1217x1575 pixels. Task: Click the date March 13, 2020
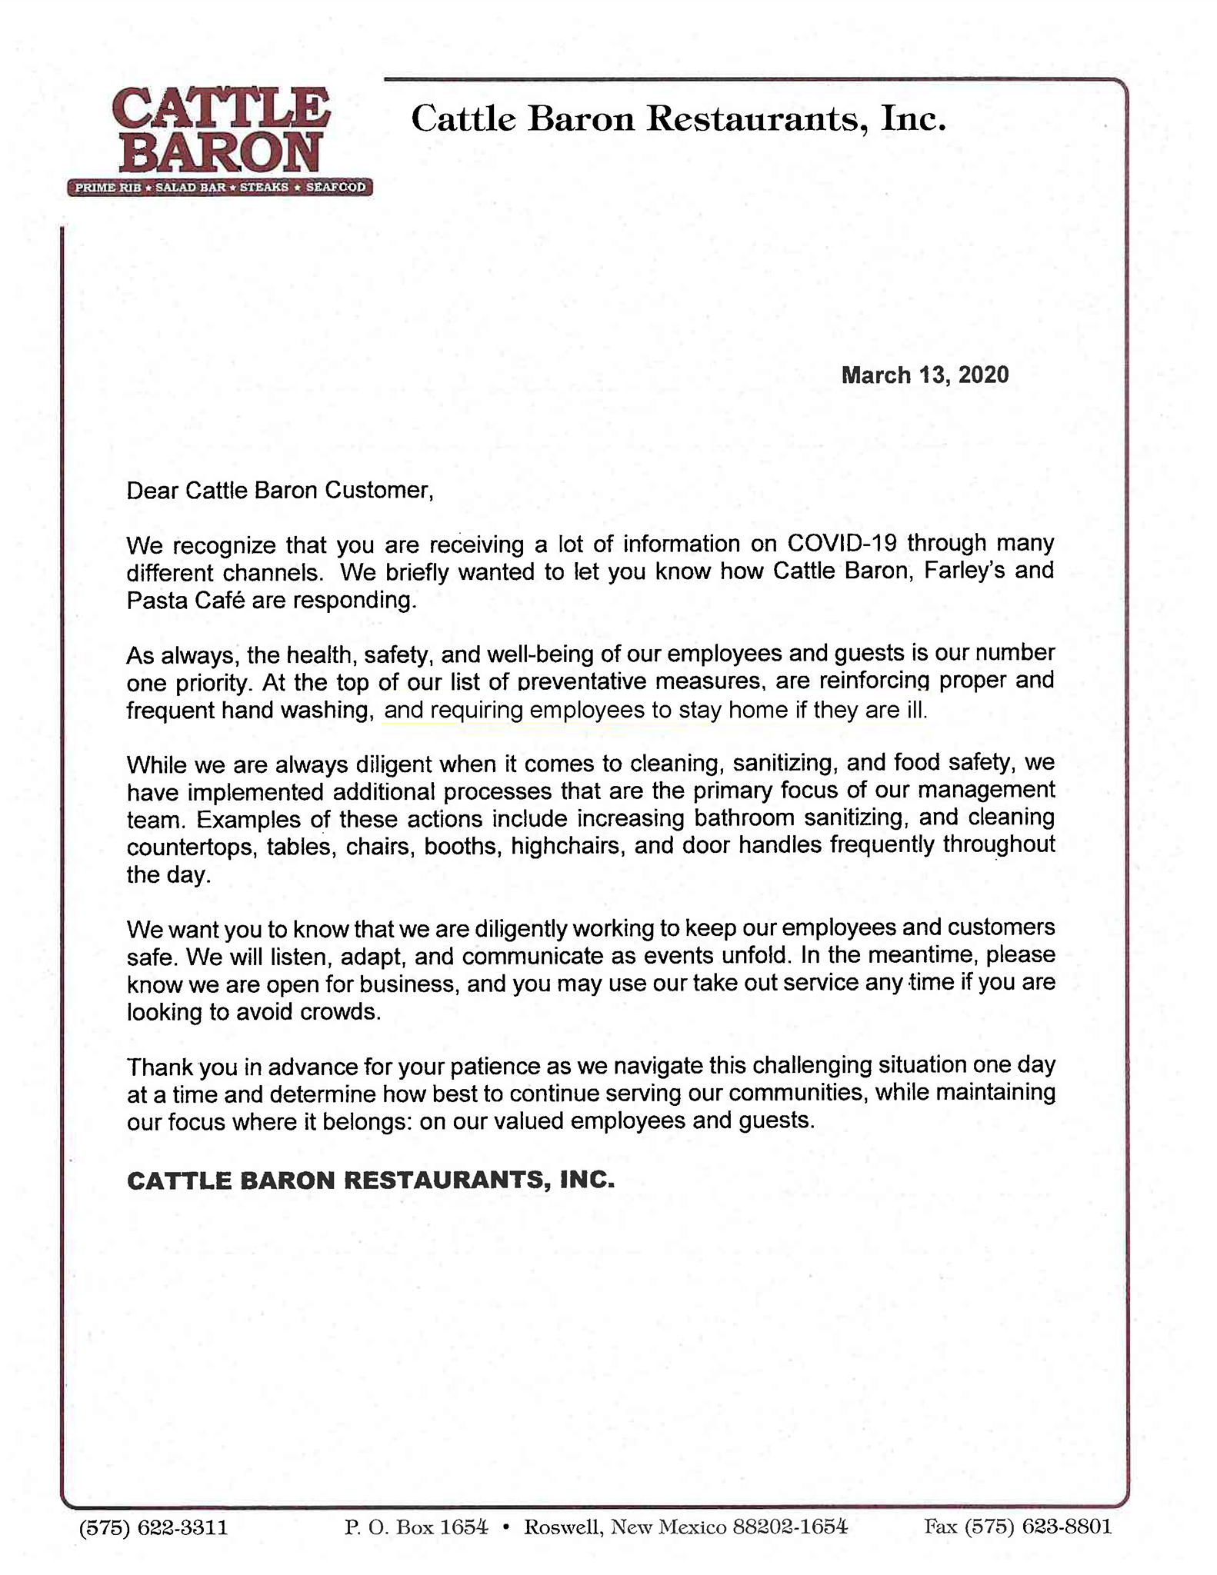coord(925,375)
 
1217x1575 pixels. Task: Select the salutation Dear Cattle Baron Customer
coord(280,490)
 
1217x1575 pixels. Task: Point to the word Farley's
coord(964,571)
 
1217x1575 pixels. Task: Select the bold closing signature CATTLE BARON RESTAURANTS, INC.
coord(371,1180)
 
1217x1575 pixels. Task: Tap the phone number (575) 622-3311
coord(154,1527)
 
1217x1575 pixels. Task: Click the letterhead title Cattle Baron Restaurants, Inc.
coord(679,119)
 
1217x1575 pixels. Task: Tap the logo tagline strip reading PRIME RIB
coord(108,188)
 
